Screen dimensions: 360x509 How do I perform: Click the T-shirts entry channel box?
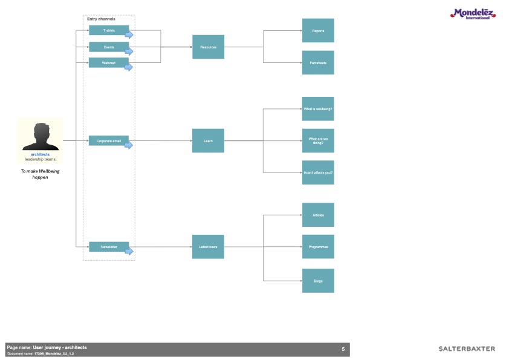[x=109, y=30]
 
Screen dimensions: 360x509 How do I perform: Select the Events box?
[x=109, y=47]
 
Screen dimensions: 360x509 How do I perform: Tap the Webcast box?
[x=109, y=62]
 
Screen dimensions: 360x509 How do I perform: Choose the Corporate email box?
[x=109, y=141]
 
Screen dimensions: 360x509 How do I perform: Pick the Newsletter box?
[x=109, y=247]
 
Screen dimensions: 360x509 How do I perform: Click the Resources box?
[x=208, y=47]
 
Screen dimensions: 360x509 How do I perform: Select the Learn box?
[x=208, y=141]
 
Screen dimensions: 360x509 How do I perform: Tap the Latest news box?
[x=208, y=247]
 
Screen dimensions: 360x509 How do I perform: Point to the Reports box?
[x=318, y=30]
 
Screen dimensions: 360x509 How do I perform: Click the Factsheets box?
[x=318, y=62]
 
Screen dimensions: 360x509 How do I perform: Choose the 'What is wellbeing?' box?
[x=318, y=109]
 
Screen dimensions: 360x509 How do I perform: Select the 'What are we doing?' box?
[x=318, y=141]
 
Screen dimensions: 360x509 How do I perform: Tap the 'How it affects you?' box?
[x=318, y=172]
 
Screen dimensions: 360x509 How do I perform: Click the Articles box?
[x=318, y=215]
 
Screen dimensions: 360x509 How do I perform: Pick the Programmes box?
[x=318, y=247]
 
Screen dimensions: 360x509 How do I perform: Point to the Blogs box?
[x=318, y=281]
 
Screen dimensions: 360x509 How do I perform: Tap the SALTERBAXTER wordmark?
[x=467, y=349]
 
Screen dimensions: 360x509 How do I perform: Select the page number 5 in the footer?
[x=343, y=349]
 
